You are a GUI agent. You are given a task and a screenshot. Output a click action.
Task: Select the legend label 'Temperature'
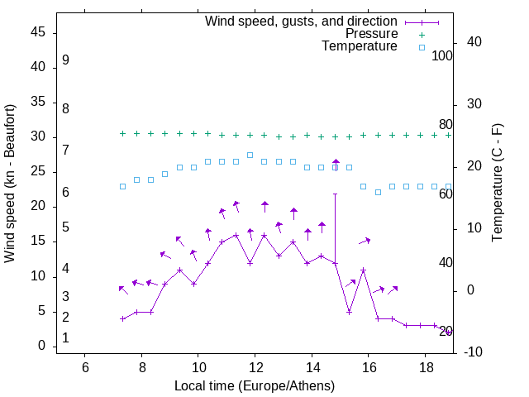click(360, 47)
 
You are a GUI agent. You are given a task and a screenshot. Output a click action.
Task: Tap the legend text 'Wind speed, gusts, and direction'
click(302, 21)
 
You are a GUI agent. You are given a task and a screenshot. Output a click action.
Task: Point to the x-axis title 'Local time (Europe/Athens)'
click(255, 386)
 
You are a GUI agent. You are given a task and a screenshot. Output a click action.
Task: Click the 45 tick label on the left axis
click(37, 32)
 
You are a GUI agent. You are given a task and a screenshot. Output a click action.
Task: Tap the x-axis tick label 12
click(255, 368)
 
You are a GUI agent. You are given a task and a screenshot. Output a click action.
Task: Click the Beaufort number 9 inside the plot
click(65, 60)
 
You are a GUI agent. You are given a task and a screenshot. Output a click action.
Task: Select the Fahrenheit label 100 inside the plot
click(442, 56)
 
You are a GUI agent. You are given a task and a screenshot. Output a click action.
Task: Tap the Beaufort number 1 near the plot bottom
click(65, 338)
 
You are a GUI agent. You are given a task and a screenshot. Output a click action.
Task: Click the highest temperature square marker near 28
click(250, 155)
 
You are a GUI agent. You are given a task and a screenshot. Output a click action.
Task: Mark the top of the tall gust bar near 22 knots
click(335, 194)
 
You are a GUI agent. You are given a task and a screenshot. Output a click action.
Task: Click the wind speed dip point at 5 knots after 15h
click(349, 312)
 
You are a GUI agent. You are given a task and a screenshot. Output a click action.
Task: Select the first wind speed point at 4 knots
click(122, 318)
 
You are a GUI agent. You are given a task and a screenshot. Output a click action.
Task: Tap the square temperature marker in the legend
click(421, 47)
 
